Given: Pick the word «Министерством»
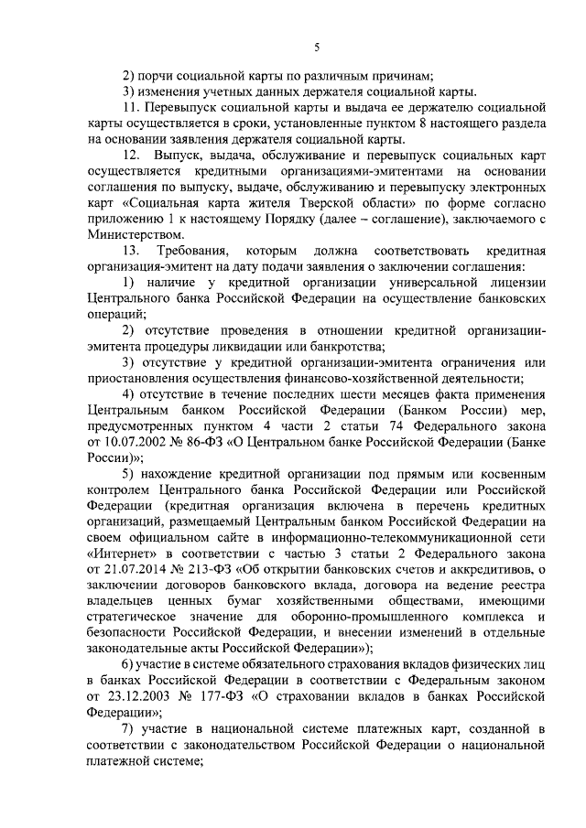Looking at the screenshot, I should point(134,235).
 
